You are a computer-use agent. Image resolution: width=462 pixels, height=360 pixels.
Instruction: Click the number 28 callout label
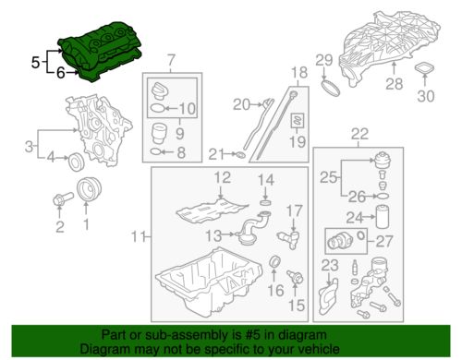pyautogui.click(x=394, y=84)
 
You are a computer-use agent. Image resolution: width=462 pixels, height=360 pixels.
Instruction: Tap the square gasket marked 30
pyautogui.click(x=424, y=68)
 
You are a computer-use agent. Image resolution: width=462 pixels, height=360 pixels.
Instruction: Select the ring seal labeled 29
pyautogui.click(x=331, y=88)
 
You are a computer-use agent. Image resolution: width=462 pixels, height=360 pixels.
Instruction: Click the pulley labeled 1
pyautogui.click(x=89, y=189)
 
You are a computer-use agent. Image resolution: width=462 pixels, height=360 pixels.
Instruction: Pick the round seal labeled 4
pyautogui.click(x=75, y=162)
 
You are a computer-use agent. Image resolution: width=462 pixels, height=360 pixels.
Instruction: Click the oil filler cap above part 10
pyautogui.click(x=159, y=90)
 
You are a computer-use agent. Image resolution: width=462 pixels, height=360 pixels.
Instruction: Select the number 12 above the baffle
pyautogui.click(x=223, y=177)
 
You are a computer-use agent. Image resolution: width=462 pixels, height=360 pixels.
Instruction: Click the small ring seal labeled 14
pyautogui.click(x=265, y=202)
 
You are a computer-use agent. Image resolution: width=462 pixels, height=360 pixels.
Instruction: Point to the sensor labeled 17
pyautogui.click(x=288, y=239)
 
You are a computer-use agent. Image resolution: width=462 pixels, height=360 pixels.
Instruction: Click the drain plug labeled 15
pyautogui.click(x=296, y=277)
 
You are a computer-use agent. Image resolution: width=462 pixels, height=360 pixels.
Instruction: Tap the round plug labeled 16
pyautogui.click(x=274, y=261)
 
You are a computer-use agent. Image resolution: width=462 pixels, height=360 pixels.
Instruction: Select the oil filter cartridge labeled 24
pyautogui.click(x=382, y=217)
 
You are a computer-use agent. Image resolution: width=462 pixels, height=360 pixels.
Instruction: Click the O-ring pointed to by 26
pyautogui.click(x=382, y=196)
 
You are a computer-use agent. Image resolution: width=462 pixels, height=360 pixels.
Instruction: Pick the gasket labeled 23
pyautogui.click(x=328, y=296)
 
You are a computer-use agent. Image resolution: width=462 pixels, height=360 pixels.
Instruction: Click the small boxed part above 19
pyautogui.click(x=298, y=120)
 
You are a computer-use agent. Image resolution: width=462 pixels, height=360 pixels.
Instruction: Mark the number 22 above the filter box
pyautogui.click(x=359, y=134)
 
